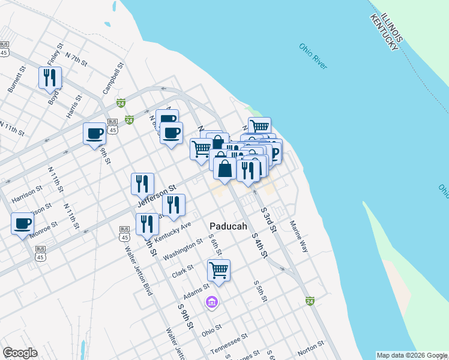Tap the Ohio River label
coord(313,56)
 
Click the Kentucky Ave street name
coord(172,232)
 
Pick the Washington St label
coord(183,250)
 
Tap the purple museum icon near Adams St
coord(211,302)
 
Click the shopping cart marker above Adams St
coord(218,269)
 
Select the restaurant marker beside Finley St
coord(50,77)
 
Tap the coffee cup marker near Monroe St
coord(23,223)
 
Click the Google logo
coord(20,353)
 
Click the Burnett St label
coord(17,79)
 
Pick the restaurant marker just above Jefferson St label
coord(142,183)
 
